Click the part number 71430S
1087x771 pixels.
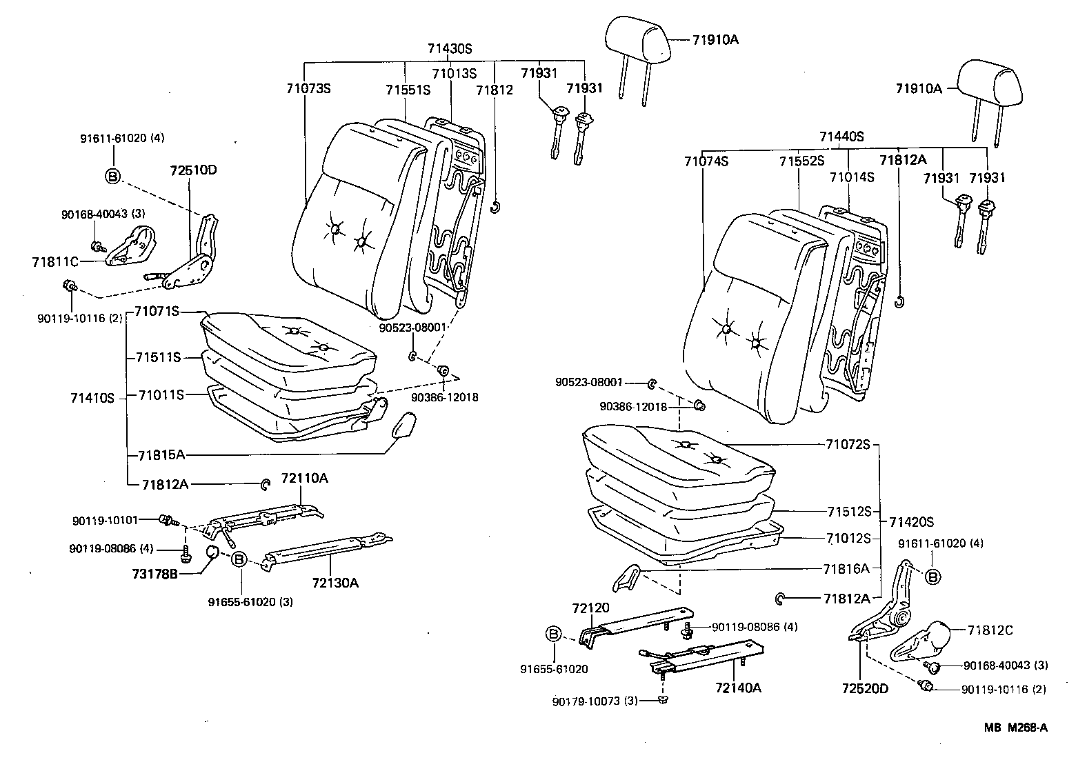[450, 49]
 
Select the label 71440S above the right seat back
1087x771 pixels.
[841, 137]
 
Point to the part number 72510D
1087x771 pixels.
[194, 170]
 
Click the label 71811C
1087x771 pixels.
[55, 261]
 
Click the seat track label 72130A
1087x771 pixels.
[335, 583]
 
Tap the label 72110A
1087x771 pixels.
[304, 479]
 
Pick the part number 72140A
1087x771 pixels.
[738, 688]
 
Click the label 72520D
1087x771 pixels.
[865, 688]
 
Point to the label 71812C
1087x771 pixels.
[990, 630]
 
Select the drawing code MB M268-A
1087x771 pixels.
[1017, 727]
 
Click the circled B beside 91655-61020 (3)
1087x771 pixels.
[239, 559]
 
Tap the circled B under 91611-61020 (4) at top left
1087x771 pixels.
[112, 176]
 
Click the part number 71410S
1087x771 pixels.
[92, 398]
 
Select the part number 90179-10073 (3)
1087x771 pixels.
[594, 701]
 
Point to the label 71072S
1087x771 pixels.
[848, 444]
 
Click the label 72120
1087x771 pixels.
[590, 608]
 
